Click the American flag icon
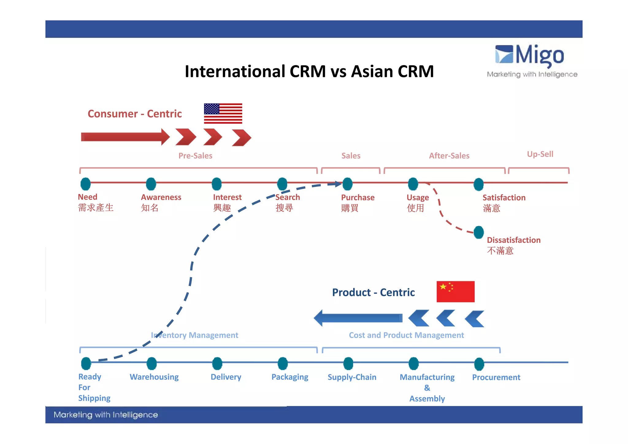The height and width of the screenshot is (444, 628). [x=223, y=113]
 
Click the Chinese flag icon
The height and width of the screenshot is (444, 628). [x=455, y=291]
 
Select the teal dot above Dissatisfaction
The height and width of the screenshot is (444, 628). [x=479, y=232]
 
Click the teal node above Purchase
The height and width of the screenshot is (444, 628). [x=347, y=184]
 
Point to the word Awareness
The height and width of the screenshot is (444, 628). [x=161, y=197]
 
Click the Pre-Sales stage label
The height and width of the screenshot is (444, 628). [x=195, y=156]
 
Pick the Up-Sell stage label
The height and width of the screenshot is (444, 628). [x=540, y=154]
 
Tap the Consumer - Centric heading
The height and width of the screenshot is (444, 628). [x=135, y=114]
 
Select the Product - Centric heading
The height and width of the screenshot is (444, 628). [x=373, y=293]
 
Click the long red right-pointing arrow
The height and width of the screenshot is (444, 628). [x=125, y=137]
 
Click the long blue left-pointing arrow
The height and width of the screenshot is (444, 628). [x=358, y=318]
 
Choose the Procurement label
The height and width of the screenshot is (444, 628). [x=496, y=377]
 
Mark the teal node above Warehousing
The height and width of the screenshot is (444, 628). [x=151, y=363]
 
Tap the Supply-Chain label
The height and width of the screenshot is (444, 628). [x=352, y=377]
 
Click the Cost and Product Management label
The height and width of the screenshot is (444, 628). [x=406, y=335]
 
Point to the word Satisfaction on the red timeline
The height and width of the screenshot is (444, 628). [x=504, y=198]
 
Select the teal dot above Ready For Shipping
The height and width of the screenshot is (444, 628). [x=86, y=363]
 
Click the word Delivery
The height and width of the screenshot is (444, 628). [x=226, y=377]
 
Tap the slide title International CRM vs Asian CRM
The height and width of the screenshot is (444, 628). [x=309, y=71]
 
